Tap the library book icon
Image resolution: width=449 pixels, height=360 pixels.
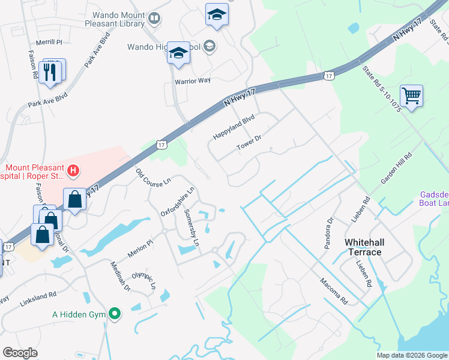tap(155, 19)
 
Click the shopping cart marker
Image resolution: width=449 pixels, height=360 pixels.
tap(411, 95)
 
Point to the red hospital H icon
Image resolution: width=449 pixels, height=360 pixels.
tap(73, 171)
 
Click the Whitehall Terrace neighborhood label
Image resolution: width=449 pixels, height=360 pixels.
tap(363, 247)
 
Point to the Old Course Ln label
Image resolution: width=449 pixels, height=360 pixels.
tap(154, 178)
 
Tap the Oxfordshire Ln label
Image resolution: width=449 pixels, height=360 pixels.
tap(178, 203)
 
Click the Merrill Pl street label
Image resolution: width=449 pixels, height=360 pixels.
tap(49, 43)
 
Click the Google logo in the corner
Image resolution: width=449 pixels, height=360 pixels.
tap(20, 353)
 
